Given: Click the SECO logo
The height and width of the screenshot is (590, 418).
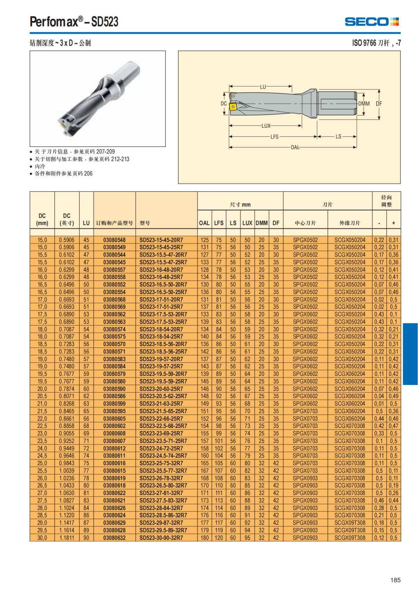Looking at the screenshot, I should point(372,22).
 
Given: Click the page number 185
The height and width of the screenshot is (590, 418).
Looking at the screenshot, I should point(395,580).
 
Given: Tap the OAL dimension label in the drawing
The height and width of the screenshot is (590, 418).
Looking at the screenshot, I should point(295,147).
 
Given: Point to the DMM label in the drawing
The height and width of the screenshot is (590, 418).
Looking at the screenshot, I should point(364,104).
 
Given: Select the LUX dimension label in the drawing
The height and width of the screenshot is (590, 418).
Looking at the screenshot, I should point(266,126).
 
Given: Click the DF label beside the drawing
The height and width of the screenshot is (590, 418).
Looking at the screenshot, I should point(379,104).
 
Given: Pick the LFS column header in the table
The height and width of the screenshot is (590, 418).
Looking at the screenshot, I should point(219,223).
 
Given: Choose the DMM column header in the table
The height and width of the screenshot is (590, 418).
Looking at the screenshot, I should point(262,223).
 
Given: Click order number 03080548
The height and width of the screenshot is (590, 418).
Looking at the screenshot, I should point(114,240).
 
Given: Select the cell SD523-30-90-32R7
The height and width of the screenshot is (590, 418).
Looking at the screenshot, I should point(163,538).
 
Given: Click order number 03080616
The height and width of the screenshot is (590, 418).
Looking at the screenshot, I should point(114,463).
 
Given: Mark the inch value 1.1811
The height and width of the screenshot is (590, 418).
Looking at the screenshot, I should point(67,538).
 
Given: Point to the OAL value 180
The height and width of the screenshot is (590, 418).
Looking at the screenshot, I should point(204,538).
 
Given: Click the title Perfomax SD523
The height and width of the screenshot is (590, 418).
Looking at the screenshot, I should point(74,22).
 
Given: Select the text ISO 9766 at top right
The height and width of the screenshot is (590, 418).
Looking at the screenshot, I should point(364,43).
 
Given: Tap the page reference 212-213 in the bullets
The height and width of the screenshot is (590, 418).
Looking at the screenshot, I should point(120,159).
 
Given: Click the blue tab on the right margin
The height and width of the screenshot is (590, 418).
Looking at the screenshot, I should point(410,354).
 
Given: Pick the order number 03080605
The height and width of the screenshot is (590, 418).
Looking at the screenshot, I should point(114,419).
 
